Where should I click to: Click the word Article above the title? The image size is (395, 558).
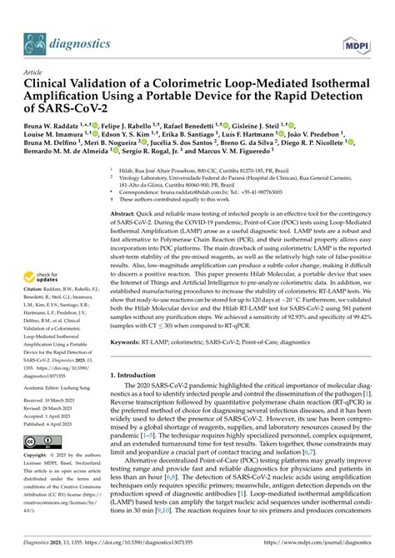point(34,73)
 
